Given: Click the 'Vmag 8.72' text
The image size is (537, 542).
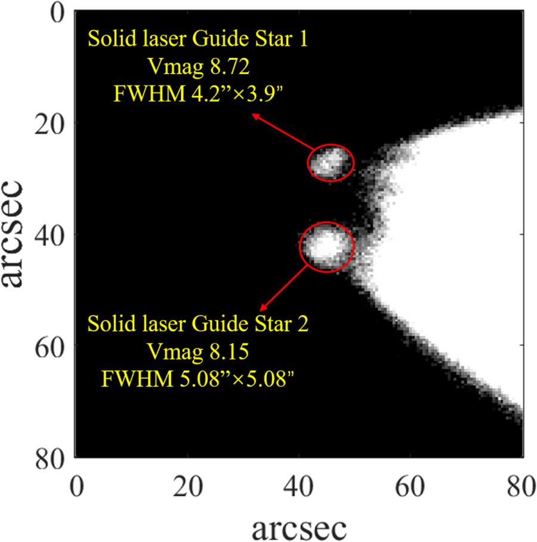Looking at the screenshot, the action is [x=199, y=66].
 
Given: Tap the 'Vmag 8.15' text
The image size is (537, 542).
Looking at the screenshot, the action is [x=198, y=352].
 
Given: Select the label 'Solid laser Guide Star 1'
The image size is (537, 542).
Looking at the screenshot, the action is [x=197, y=38].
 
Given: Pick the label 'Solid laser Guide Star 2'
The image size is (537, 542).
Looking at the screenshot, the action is [x=197, y=324].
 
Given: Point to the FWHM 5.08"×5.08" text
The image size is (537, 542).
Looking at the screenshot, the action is [x=197, y=379].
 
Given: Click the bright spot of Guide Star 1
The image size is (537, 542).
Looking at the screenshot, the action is [x=328, y=162].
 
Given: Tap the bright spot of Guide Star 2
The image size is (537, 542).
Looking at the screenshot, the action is [x=325, y=246].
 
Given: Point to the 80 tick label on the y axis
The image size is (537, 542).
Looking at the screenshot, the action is [x=50, y=458].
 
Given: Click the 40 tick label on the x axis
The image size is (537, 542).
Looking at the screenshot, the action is [x=298, y=486].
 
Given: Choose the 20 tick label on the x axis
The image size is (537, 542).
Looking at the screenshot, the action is [x=187, y=486].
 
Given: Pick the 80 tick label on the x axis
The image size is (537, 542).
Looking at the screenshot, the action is [x=521, y=486].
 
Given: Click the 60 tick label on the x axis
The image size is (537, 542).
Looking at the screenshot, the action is [x=410, y=486].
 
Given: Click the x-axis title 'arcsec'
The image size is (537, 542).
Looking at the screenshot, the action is [x=299, y=528].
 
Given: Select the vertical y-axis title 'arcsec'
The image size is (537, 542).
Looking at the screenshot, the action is [x=13, y=234].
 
